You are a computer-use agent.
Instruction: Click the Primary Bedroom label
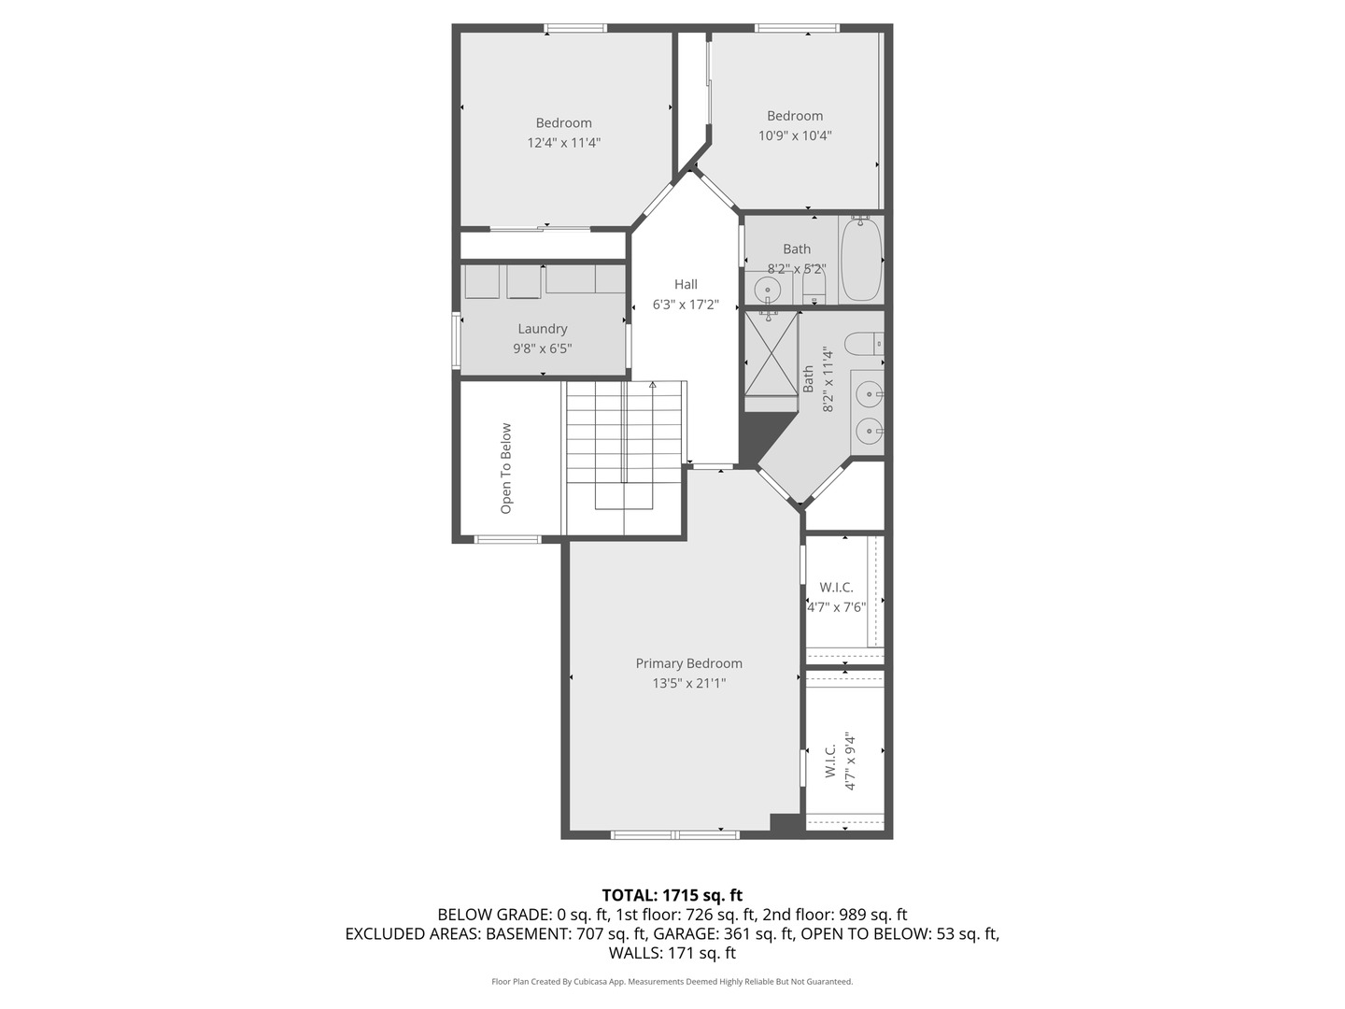[x=688, y=663]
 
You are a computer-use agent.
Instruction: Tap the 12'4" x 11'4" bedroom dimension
[x=563, y=143]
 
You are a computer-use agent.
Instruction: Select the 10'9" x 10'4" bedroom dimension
[x=795, y=135]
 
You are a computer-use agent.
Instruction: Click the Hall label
[x=686, y=284]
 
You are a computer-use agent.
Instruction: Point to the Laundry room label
[x=543, y=329]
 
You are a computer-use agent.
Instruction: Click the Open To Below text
[x=506, y=468]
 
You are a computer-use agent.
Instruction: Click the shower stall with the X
[x=771, y=352]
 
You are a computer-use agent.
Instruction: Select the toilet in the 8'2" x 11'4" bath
[x=864, y=344]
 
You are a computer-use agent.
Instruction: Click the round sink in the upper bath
[x=768, y=291]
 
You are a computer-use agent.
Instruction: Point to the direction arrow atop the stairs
[x=653, y=385]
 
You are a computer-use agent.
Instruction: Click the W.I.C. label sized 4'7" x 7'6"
[x=836, y=587]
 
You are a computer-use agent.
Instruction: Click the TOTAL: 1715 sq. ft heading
[x=672, y=895]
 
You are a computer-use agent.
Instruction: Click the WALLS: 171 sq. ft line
[x=672, y=953]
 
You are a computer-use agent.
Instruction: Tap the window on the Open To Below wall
[x=507, y=539]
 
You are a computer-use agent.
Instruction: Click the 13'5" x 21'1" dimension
[x=688, y=683]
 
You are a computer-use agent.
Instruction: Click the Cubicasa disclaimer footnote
[x=672, y=982]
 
